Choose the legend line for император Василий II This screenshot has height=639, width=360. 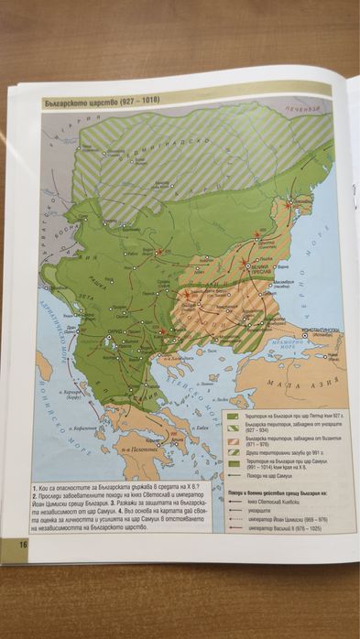(x=274, y=528)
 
